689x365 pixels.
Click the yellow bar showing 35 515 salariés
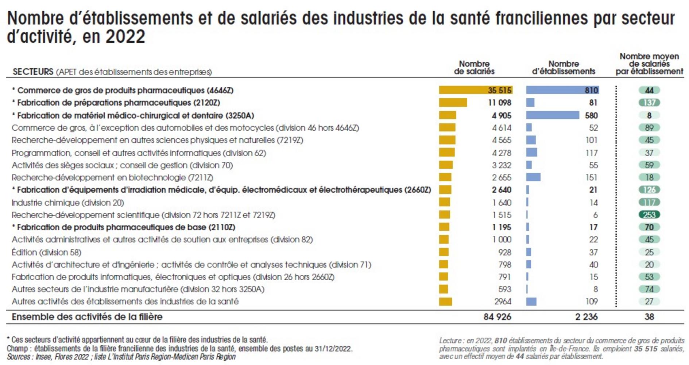(x=475, y=90)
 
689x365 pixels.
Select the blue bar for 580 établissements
(x=552, y=115)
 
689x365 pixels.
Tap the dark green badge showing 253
(x=649, y=215)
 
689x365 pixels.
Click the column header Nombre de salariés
(x=474, y=68)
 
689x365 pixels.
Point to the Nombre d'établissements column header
(x=564, y=68)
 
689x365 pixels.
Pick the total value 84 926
(x=497, y=317)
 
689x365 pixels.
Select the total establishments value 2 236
(x=586, y=317)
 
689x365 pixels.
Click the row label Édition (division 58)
(x=46, y=252)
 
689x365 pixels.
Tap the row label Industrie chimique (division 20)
(x=68, y=203)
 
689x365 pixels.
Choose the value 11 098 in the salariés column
(x=499, y=103)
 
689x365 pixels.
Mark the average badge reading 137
(x=649, y=103)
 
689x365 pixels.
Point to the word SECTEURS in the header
(x=33, y=72)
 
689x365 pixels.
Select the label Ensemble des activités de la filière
(x=87, y=317)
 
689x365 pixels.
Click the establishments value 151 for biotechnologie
(x=591, y=178)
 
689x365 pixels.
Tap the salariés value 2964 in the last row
(x=503, y=301)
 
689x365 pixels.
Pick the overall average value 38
(x=649, y=317)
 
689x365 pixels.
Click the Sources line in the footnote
(x=121, y=357)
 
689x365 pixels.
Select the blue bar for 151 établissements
(x=533, y=178)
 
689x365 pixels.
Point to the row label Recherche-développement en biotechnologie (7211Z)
(x=112, y=178)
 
